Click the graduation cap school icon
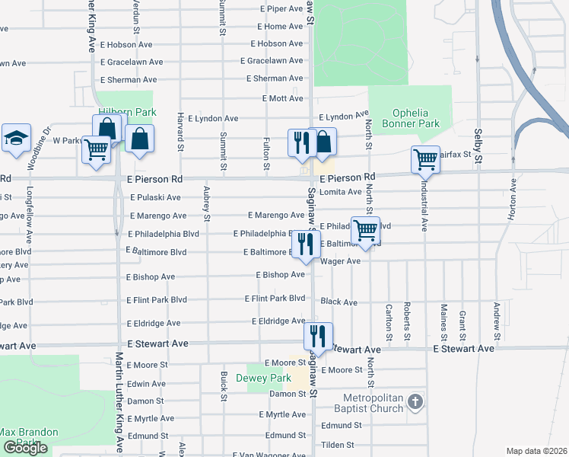tap(16, 139)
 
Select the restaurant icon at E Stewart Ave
tap(318, 336)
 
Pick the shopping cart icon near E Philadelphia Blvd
tap(366, 229)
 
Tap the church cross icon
tap(415, 401)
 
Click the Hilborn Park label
tap(126, 112)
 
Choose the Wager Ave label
tap(340, 261)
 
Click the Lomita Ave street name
tap(340, 192)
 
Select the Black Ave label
tap(339, 302)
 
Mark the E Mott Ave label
tap(283, 99)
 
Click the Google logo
tap(25, 448)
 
